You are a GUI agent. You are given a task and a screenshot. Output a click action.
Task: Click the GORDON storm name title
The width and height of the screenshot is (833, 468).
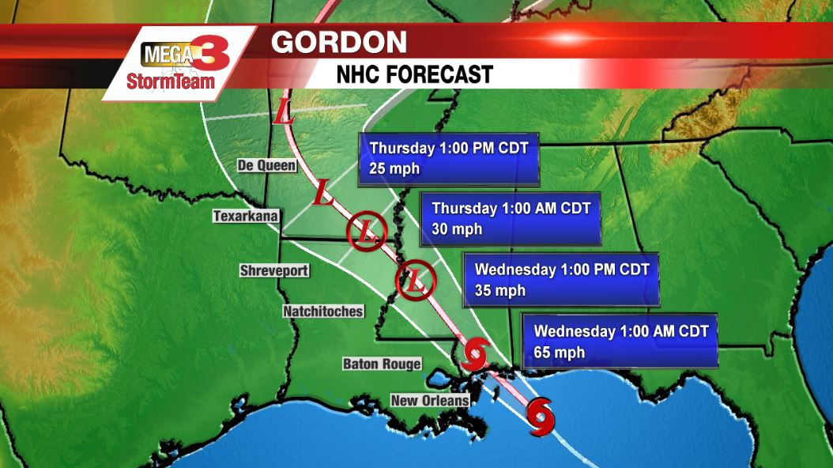339,42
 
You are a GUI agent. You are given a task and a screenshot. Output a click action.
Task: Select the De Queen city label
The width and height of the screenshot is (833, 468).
267,165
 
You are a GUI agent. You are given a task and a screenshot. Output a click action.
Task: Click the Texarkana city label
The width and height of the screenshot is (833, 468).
246,216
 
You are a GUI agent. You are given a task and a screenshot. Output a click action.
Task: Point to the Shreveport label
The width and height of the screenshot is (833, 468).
273,270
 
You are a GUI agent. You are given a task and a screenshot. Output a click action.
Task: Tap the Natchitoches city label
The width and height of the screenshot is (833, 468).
322,311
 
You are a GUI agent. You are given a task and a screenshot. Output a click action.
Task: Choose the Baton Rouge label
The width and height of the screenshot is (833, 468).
382,364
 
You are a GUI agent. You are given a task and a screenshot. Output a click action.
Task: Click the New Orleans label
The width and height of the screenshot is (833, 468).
430,401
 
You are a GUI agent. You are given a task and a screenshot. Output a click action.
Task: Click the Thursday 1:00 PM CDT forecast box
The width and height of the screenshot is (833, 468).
448,158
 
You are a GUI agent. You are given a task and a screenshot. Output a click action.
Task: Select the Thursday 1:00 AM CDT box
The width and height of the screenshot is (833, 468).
511,219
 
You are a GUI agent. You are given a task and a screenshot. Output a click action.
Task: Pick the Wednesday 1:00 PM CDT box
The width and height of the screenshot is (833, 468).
560,280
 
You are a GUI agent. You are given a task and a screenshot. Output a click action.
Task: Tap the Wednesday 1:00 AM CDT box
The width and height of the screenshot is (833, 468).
620,341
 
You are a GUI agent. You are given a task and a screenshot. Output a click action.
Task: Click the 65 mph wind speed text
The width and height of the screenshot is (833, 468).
560,353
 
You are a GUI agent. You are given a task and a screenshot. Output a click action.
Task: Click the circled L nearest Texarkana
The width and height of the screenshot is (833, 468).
367,232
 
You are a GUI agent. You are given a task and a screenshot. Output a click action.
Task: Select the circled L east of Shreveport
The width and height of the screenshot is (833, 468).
415,278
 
